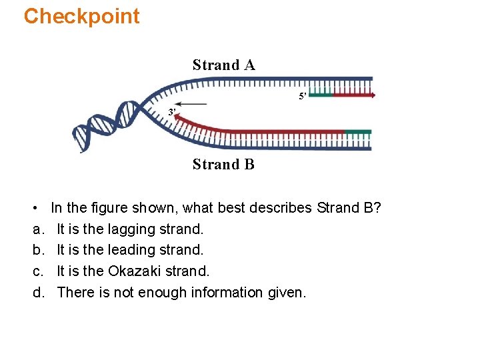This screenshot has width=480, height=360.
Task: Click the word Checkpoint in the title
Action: click(81, 16)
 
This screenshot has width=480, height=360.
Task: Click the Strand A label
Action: click(223, 65)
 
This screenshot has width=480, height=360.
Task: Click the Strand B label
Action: click(223, 164)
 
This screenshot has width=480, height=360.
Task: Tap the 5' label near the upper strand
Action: click(302, 97)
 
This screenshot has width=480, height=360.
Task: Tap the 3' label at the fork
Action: click(172, 112)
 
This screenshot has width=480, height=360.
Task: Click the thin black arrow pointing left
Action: click(193, 104)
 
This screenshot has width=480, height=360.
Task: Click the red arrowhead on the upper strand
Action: click(372, 95)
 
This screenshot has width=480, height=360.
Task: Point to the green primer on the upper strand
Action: click(321, 95)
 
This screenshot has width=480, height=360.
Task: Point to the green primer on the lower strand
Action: click(359, 131)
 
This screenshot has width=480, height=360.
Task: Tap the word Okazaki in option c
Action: click(135, 271)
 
